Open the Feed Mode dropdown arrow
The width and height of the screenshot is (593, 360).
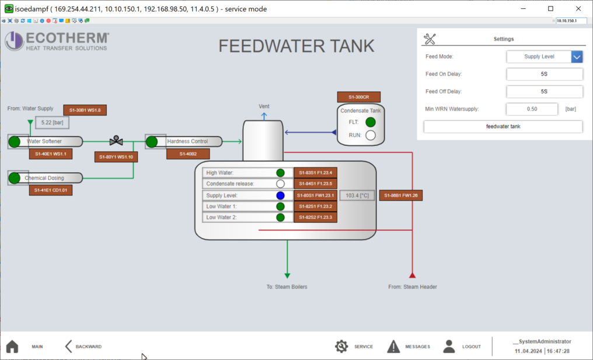(x=577, y=57)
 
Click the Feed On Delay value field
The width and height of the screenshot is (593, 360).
(x=544, y=74)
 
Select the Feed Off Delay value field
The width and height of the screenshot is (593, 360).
(x=544, y=92)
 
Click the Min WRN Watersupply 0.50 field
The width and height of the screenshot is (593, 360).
(x=532, y=109)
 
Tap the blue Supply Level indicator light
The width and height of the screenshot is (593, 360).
(x=280, y=195)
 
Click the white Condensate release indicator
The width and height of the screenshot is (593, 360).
(x=280, y=184)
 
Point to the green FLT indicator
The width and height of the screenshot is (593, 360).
(x=370, y=122)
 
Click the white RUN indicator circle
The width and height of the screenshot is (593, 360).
(x=370, y=135)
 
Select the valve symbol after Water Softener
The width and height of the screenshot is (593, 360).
(x=116, y=141)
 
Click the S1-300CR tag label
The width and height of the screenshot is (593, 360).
(x=359, y=97)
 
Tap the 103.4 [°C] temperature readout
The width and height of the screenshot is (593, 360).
(x=357, y=195)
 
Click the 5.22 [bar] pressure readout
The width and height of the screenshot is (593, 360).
(x=52, y=123)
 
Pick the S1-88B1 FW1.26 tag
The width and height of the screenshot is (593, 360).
(x=401, y=195)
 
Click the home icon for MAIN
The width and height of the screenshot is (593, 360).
(x=12, y=347)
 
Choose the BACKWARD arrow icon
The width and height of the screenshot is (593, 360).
(x=68, y=347)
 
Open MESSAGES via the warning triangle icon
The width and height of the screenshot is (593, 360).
(x=393, y=347)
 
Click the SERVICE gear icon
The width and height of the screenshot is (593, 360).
(x=341, y=347)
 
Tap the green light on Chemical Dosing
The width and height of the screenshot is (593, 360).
(x=14, y=177)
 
